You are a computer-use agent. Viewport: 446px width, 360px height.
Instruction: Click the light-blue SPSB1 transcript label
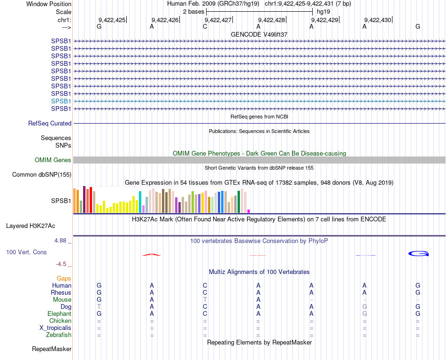pyautogui.click(x=61, y=101)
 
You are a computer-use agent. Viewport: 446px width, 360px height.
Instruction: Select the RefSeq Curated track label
pyautogui.click(x=50, y=123)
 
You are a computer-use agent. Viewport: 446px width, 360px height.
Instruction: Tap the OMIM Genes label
pyautogui.click(x=53, y=160)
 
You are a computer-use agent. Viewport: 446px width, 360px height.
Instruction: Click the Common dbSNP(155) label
pyautogui.click(x=41, y=175)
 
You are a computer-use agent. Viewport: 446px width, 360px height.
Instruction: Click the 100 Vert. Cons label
pyautogui.click(x=26, y=252)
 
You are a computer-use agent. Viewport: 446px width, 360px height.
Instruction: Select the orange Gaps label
pyautogui.click(x=64, y=279)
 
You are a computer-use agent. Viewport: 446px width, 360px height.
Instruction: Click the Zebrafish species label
pyautogui.click(x=59, y=335)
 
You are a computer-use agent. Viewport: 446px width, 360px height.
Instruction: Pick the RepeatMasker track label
pyautogui.click(x=52, y=349)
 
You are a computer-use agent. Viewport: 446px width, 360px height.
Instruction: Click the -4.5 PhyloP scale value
pyautogui.click(x=63, y=264)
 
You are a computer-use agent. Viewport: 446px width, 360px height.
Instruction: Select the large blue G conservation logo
pyautogui.click(x=418, y=254)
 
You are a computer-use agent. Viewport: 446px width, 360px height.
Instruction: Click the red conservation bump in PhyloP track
pyautogui.click(x=151, y=255)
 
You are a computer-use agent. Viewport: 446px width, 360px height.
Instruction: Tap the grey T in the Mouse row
pyautogui.click(x=205, y=299)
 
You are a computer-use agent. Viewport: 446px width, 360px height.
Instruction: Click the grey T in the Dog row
pyautogui.click(x=99, y=306)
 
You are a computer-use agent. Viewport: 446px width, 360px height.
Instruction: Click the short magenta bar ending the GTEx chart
pyautogui.click(x=249, y=211)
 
